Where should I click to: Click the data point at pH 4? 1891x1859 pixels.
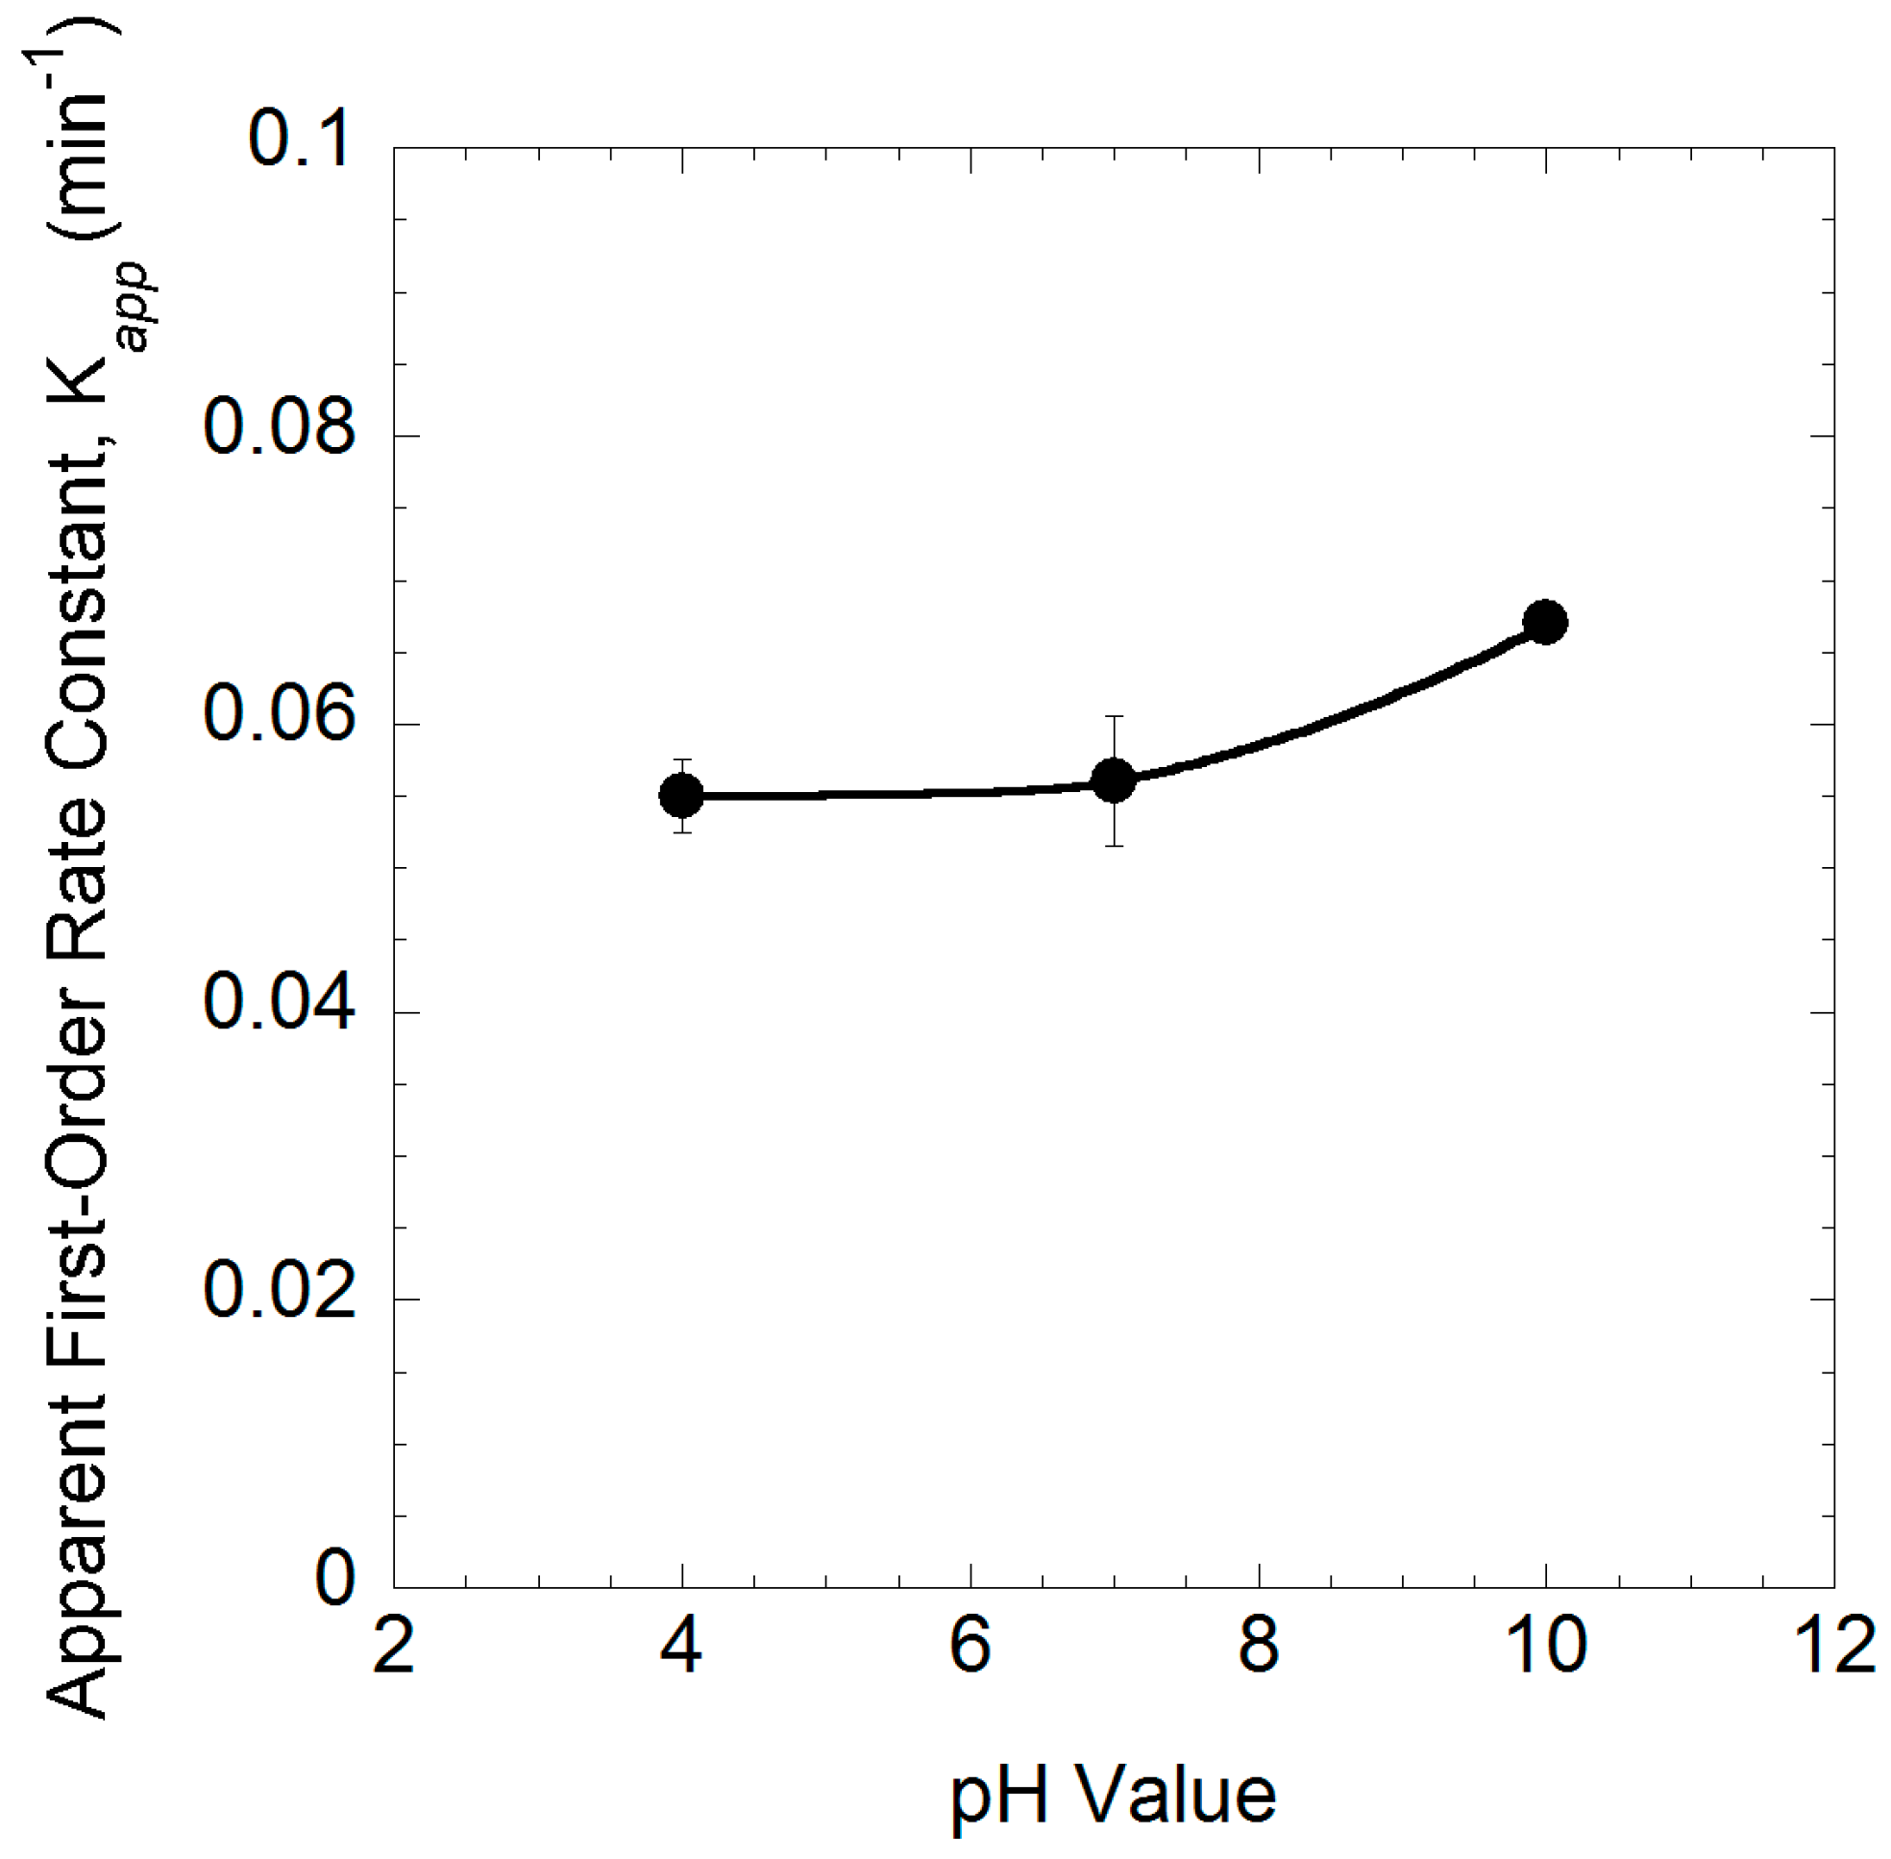coord(681,796)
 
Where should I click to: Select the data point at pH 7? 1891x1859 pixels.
coord(1113,781)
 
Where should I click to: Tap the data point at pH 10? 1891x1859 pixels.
coord(1545,622)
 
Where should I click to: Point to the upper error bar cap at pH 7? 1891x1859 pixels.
coord(1113,717)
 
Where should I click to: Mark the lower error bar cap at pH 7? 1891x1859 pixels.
coord(1113,846)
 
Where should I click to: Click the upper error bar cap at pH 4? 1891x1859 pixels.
coord(681,759)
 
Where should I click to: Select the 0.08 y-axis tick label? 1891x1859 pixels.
coord(279,428)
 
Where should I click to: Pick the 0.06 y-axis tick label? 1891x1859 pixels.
coord(279,716)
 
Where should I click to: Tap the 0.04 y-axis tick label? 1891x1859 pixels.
coord(279,1004)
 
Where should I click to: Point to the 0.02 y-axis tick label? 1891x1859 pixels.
coord(279,1291)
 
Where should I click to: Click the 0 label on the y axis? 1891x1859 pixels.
coord(334,1578)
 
